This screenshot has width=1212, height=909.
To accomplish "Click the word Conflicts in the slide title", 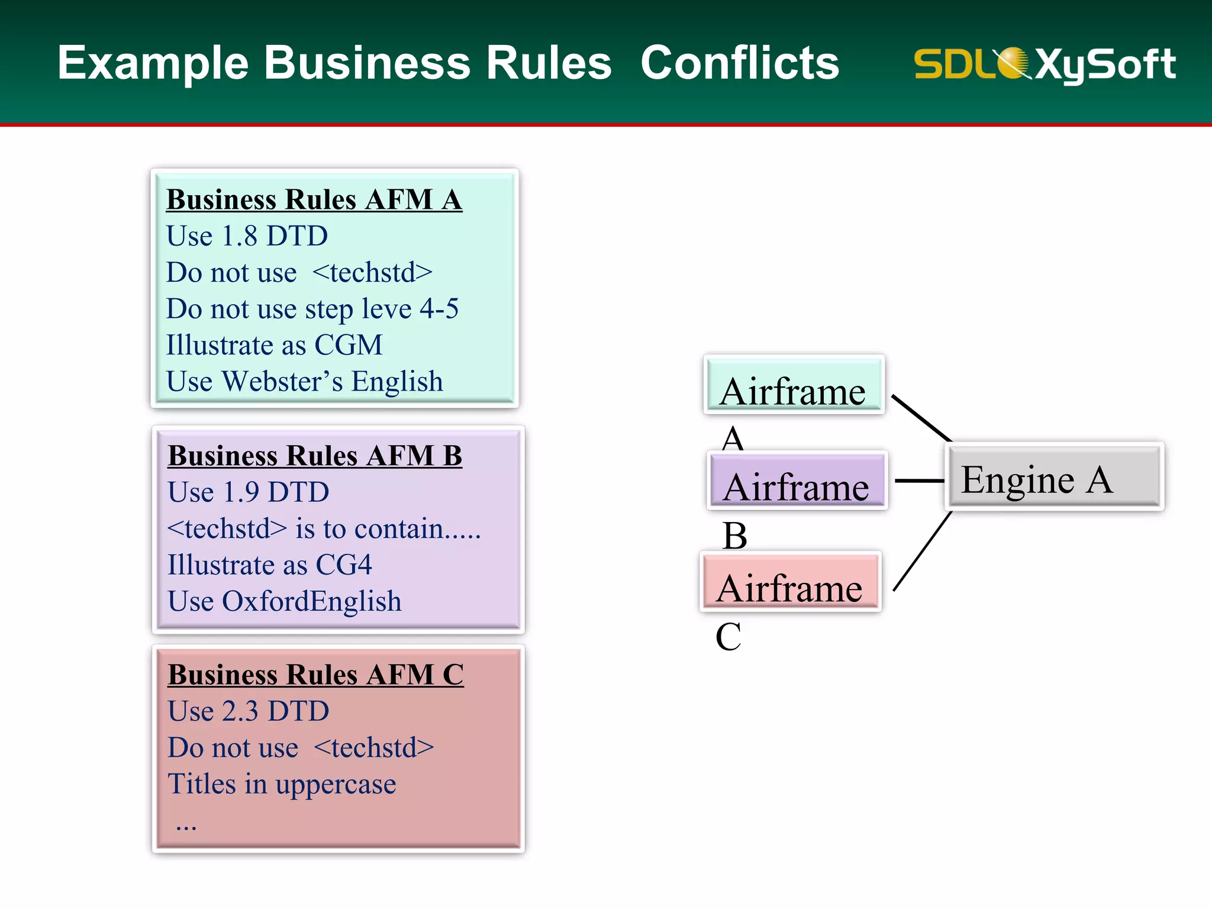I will click(740, 63).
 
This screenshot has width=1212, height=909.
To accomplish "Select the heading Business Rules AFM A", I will click(314, 199).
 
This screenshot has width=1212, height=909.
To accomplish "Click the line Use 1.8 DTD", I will click(247, 236).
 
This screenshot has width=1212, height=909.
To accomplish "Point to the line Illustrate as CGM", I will click(274, 345).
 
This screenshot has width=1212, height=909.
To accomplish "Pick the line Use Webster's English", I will click(304, 382).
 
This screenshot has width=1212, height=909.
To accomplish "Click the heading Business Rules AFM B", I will click(314, 456).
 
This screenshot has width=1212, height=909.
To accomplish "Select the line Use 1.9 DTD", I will click(248, 492).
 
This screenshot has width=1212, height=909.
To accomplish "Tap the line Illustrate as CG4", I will click(269, 565).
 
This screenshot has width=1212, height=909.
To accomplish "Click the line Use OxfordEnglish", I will click(284, 601).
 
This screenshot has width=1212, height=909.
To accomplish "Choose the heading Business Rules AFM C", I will click(315, 675).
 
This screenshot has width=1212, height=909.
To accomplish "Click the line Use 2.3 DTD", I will click(248, 711).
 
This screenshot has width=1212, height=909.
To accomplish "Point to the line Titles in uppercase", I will click(282, 784).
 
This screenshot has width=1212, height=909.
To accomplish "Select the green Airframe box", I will click(794, 385).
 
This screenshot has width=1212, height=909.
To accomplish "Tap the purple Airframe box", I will click(797, 481).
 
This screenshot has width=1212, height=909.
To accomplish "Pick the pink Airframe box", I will click(791, 582).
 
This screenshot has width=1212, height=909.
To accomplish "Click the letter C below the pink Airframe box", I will click(728, 637).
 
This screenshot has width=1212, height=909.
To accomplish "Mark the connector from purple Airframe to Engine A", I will click(918, 481).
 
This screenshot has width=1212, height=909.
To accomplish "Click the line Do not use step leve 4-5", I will click(312, 309).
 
